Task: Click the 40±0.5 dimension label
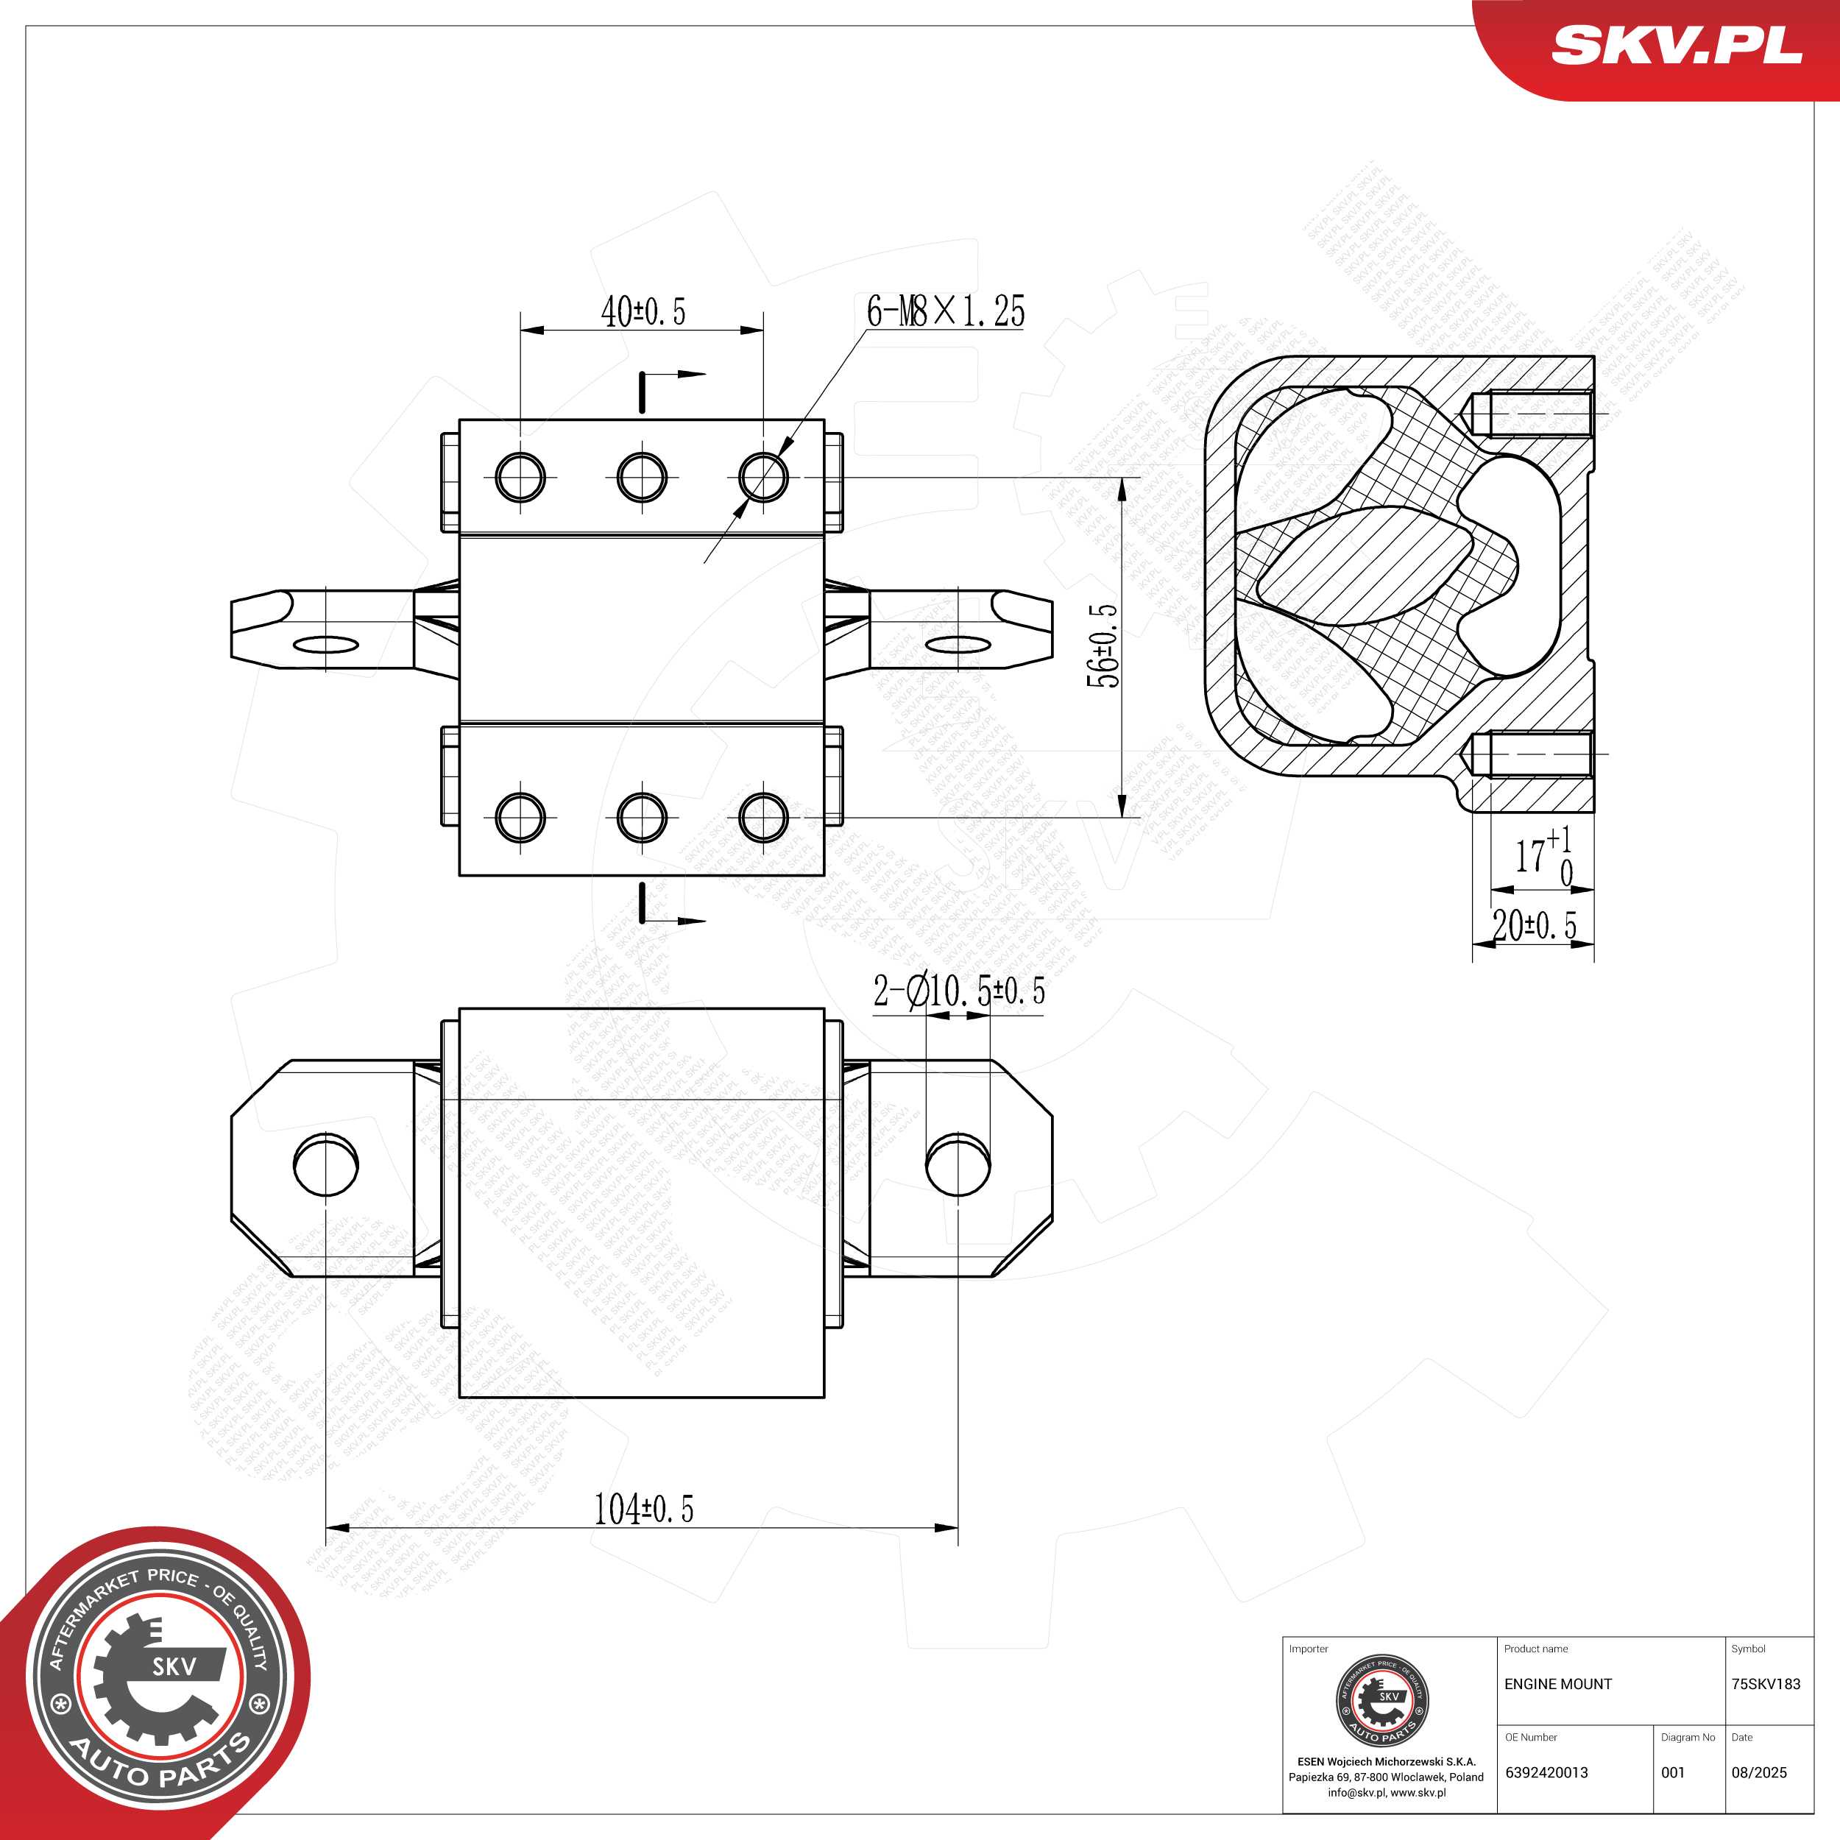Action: tap(643, 311)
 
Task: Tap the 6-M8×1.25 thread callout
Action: tap(945, 311)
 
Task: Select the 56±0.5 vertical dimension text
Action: tap(1105, 645)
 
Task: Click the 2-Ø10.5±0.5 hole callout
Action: tap(959, 991)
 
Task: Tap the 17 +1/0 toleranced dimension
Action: tap(1543, 855)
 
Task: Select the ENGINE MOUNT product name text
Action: tap(1558, 1684)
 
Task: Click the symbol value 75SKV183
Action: tap(1766, 1684)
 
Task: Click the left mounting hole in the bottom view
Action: tap(326, 1164)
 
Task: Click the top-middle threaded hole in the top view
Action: tap(642, 476)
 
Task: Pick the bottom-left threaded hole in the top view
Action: tap(521, 816)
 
